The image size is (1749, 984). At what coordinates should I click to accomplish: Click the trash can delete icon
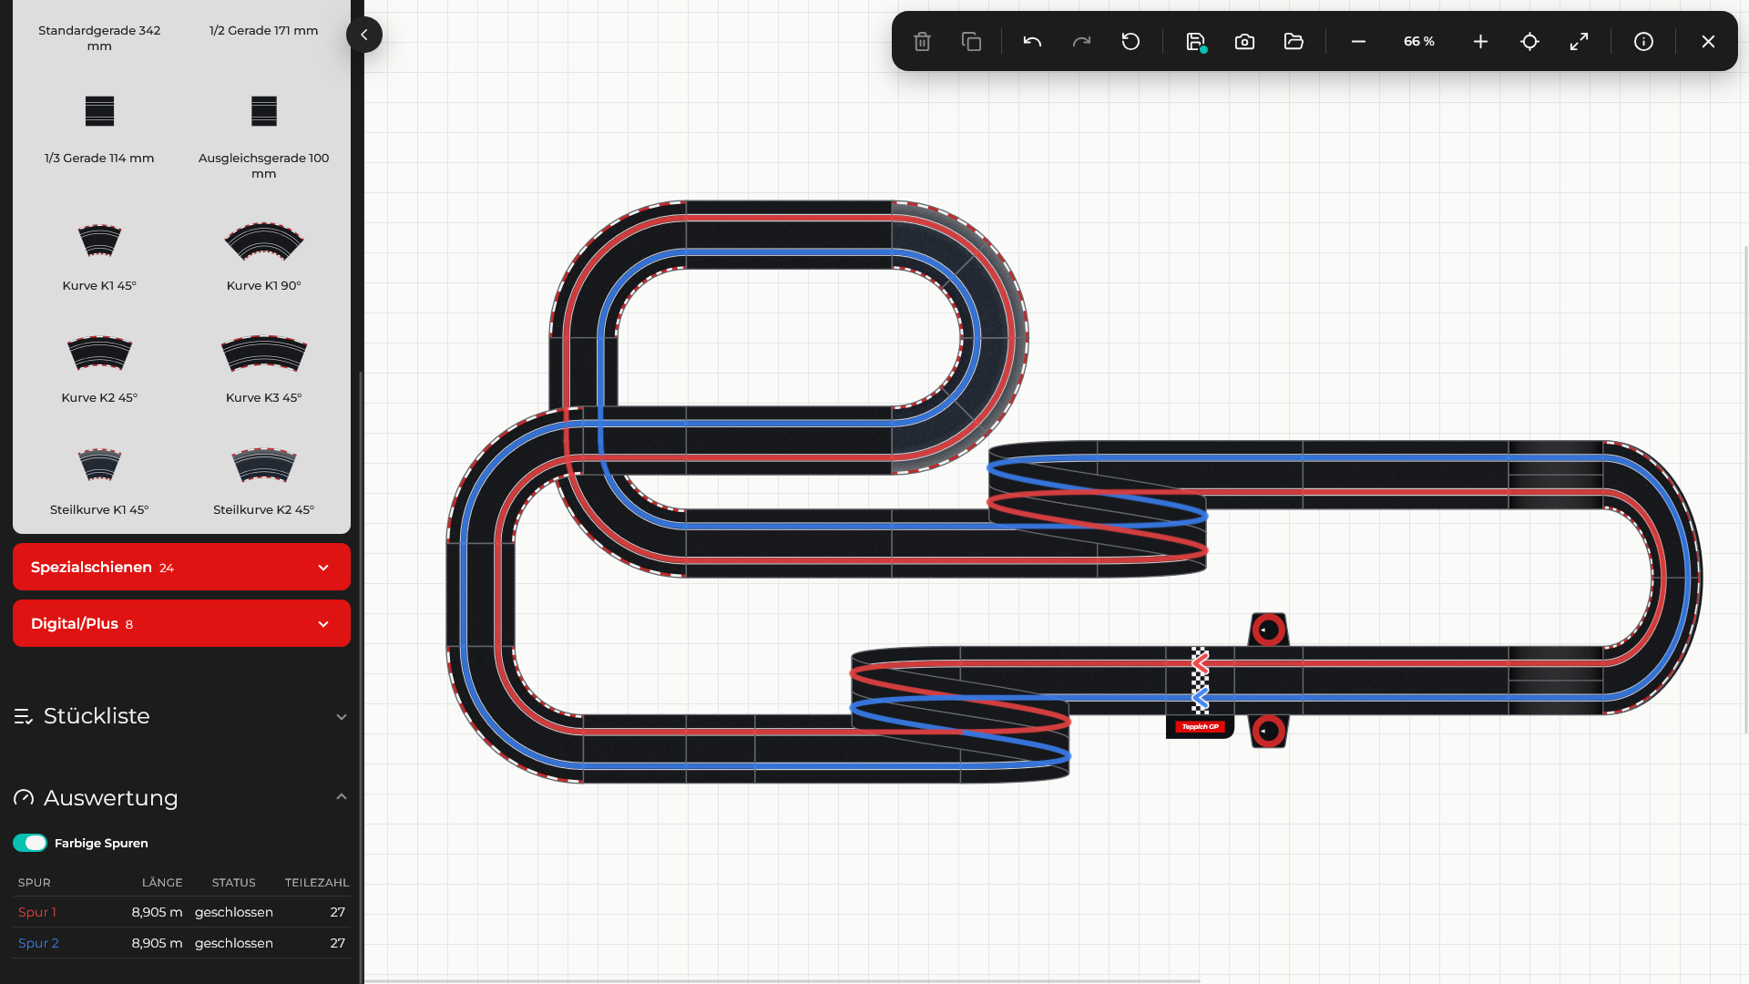click(x=922, y=42)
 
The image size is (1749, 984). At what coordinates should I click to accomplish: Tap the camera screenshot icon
click(x=1244, y=42)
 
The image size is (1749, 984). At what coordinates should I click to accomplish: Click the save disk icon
click(x=1196, y=42)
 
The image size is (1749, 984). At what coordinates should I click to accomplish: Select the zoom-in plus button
click(x=1480, y=42)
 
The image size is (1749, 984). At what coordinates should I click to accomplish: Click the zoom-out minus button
click(x=1358, y=42)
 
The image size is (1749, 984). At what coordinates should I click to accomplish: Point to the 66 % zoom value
click(x=1419, y=42)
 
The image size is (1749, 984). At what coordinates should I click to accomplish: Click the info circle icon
click(x=1643, y=42)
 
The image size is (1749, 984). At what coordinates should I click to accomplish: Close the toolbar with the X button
click(x=1708, y=42)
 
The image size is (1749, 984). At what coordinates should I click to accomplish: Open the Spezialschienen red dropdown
click(x=181, y=567)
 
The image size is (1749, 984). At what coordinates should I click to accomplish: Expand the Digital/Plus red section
click(x=181, y=623)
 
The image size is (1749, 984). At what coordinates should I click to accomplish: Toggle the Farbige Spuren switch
click(x=30, y=843)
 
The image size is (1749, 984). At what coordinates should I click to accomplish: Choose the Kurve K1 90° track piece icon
click(x=264, y=241)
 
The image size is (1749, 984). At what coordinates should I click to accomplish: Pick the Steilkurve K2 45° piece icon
click(x=264, y=465)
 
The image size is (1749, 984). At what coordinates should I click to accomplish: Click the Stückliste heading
click(x=97, y=716)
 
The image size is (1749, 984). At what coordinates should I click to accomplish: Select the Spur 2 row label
click(x=38, y=943)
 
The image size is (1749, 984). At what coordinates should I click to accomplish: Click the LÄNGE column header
click(x=162, y=882)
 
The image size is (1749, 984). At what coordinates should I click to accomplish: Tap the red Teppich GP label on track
click(x=1200, y=727)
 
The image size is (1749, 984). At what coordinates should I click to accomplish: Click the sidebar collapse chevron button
click(x=364, y=35)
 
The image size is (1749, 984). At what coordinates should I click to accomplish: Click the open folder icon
click(x=1294, y=42)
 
